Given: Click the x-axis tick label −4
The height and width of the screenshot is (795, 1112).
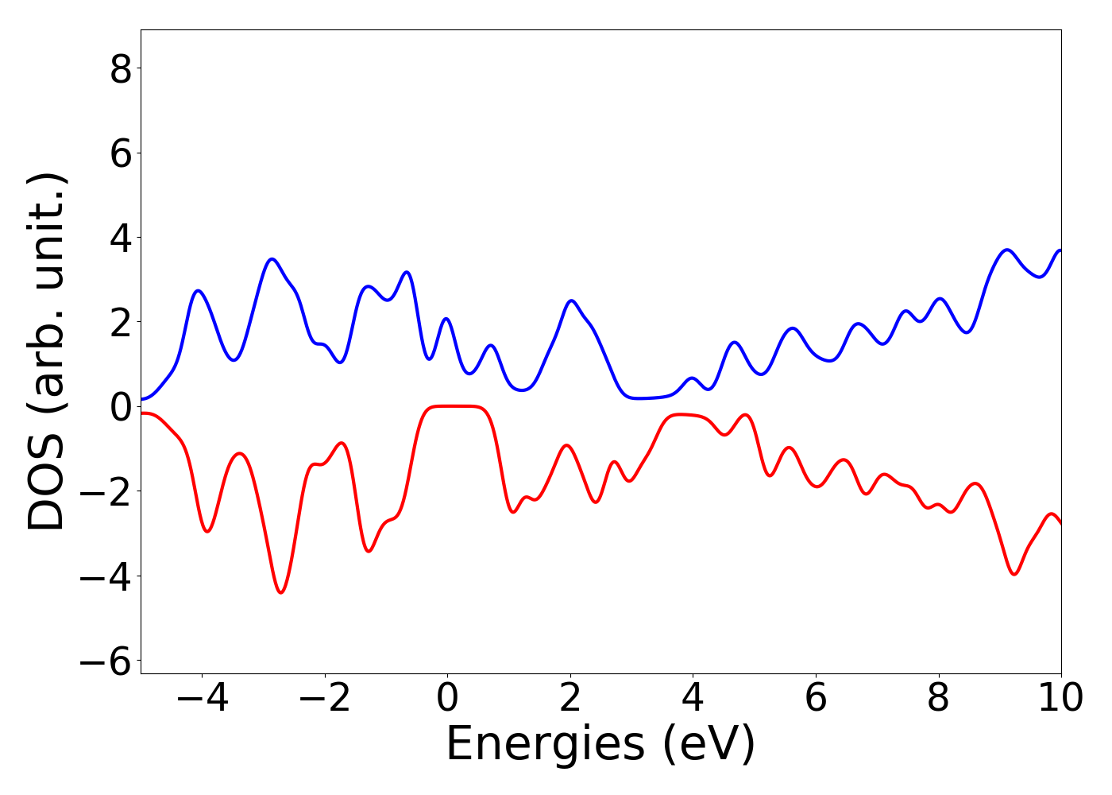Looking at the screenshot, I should point(202,698).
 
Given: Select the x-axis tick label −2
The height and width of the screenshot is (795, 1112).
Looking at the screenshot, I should point(324,698).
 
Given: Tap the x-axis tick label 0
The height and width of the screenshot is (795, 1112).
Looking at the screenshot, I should point(447,698).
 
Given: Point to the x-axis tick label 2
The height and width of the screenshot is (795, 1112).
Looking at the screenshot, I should point(570,698).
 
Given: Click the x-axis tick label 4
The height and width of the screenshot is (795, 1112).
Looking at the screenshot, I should point(693,698).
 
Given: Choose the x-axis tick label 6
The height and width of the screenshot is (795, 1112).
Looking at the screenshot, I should point(816,698).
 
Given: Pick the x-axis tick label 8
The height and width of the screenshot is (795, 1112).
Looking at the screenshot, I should point(939,698).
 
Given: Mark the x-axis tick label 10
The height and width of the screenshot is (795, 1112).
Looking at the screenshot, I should point(1060,698).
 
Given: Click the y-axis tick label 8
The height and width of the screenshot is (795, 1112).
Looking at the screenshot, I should point(121,69).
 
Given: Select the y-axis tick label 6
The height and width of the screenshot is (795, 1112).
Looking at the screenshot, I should point(121,153).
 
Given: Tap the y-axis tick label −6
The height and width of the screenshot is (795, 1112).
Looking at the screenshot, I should point(106,661).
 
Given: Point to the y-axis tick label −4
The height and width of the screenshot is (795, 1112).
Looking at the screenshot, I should point(106,576).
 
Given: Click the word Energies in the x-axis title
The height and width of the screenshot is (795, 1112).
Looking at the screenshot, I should point(545,746).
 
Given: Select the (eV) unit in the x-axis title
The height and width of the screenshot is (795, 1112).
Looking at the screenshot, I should point(709,746).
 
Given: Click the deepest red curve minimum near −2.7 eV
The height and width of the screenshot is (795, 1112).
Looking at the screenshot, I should point(280,592).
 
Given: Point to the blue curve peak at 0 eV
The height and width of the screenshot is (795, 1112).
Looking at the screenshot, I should point(446,319).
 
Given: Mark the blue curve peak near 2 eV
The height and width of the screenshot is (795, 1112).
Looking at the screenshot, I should point(571,301).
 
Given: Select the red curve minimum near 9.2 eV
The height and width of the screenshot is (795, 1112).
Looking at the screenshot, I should point(1014,574).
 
